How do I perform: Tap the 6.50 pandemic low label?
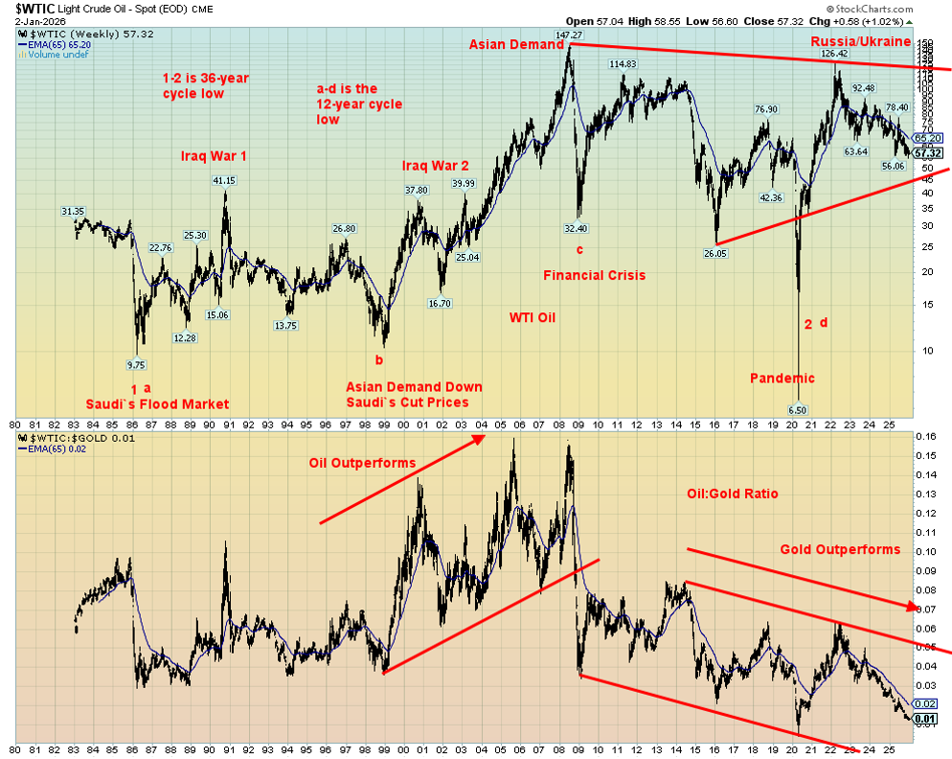796,409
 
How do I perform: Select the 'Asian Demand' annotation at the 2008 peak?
515,44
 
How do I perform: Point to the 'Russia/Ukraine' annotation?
861,41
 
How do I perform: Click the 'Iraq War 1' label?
213,155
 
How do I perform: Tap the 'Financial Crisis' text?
594,275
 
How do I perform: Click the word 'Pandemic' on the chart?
782,378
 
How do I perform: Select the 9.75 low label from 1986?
136,364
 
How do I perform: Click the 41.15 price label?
223,180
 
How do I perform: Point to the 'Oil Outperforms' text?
362,463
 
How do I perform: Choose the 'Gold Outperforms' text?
839,549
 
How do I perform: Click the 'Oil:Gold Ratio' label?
732,494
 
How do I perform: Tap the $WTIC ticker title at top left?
40,7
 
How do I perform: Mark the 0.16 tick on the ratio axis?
926,436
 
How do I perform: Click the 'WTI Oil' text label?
532,317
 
